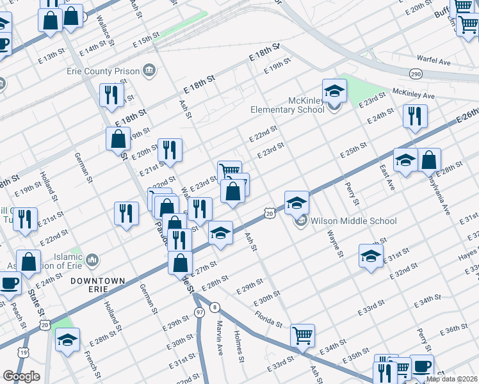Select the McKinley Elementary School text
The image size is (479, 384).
click(x=288, y=105)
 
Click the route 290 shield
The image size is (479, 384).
click(x=416, y=74)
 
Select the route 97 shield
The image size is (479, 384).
click(x=199, y=312)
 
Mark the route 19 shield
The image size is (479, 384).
click(x=24, y=351)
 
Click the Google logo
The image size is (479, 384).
click(x=21, y=376)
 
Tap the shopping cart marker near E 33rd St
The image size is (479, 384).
click(x=302, y=335)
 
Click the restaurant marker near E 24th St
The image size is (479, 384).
click(x=415, y=116)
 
